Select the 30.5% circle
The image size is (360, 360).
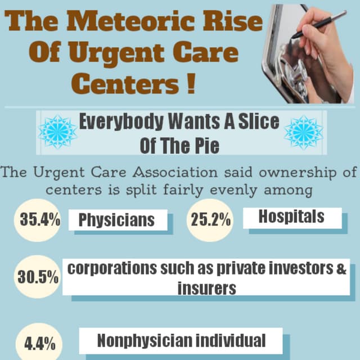pos(37,277)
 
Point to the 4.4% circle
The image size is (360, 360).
pos(39,343)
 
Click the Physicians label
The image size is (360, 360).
pos(116,220)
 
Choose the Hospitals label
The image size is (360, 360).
pos(291,217)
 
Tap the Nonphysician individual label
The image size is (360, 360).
pos(181,340)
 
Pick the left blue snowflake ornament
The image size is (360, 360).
pos(57,132)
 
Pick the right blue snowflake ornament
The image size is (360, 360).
pos(303,132)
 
